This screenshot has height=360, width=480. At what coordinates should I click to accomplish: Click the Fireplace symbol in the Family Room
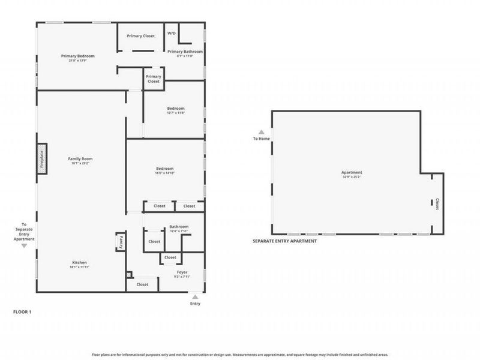[42, 159]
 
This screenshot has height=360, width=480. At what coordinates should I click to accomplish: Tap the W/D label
[171, 34]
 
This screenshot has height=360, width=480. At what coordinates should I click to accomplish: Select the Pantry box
[119, 242]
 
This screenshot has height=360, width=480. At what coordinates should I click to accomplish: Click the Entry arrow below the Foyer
[195, 296]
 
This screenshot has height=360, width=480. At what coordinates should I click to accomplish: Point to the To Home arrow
[261, 132]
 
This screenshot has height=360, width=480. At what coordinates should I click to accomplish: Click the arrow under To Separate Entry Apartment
[24, 245]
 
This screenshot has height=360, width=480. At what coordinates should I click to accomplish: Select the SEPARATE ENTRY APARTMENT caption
[284, 241]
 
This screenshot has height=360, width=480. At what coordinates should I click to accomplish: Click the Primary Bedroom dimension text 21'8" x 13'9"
[78, 60]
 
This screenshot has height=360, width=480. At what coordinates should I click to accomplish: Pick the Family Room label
[80, 158]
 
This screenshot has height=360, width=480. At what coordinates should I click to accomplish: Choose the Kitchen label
[80, 263]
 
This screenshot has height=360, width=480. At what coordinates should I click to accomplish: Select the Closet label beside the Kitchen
[142, 284]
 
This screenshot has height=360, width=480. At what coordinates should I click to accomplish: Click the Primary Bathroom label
[185, 52]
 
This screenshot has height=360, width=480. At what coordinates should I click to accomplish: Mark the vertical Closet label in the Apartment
[437, 204]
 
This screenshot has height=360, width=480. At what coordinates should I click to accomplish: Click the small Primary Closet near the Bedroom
[154, 79]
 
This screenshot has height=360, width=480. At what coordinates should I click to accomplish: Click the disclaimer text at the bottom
[240, 354]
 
